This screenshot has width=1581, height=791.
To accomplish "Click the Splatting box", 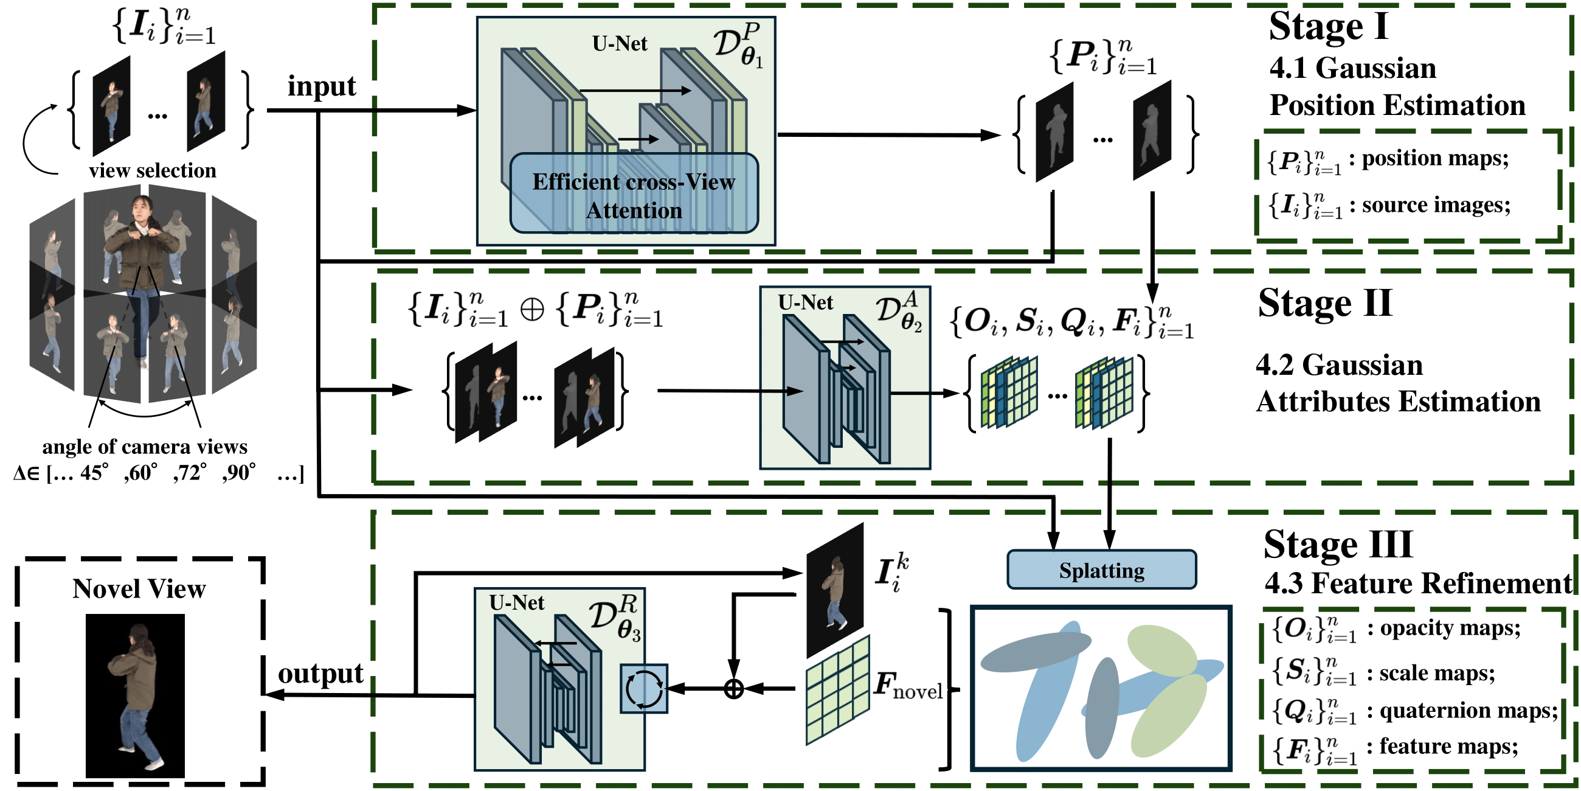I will pos(1101,570).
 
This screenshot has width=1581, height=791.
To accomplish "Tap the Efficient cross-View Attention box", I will pos(634,194).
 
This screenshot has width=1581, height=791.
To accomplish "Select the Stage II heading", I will pos(1324,304).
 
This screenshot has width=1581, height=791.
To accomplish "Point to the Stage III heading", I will pos(1338,544).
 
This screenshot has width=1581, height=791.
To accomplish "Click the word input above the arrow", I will pos(322,86).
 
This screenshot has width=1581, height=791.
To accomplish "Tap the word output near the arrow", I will pos(320,673).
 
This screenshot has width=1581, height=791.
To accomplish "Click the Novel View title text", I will pos(139,588).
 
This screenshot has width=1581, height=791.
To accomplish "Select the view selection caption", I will pos(152,170).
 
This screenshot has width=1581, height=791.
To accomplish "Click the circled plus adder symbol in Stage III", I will pos(734,688).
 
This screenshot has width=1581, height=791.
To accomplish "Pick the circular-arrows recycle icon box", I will pos(644,688).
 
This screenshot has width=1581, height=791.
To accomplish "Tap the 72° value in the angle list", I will pos(190,472).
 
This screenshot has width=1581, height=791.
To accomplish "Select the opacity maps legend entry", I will pos(1396,629).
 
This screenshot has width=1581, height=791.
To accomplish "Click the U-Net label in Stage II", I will pos(805,302).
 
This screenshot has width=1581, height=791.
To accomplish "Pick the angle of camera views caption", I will pos(145,447).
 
